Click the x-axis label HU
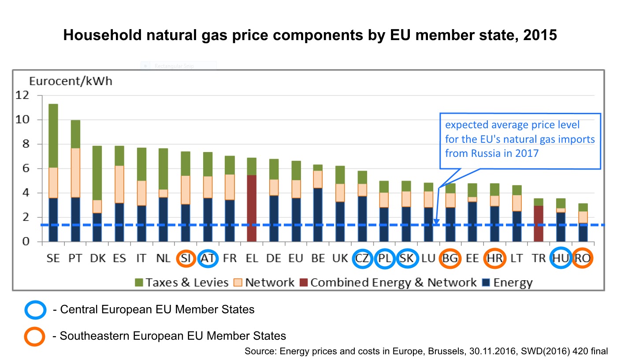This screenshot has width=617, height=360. coord(561,259)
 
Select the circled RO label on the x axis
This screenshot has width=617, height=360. coord(583,259)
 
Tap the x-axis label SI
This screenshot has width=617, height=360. coord(186,259)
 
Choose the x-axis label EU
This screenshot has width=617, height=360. coord(296,259)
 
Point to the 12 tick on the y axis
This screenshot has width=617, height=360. coord(22,95)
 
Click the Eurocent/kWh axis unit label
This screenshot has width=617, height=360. coord(71,81)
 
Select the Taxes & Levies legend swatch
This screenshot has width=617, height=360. coord(139,282)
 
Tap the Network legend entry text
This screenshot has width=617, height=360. coord(270,282)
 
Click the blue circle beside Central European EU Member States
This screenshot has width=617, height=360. coord(35,310)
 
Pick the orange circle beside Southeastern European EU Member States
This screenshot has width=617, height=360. coord(35,336)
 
